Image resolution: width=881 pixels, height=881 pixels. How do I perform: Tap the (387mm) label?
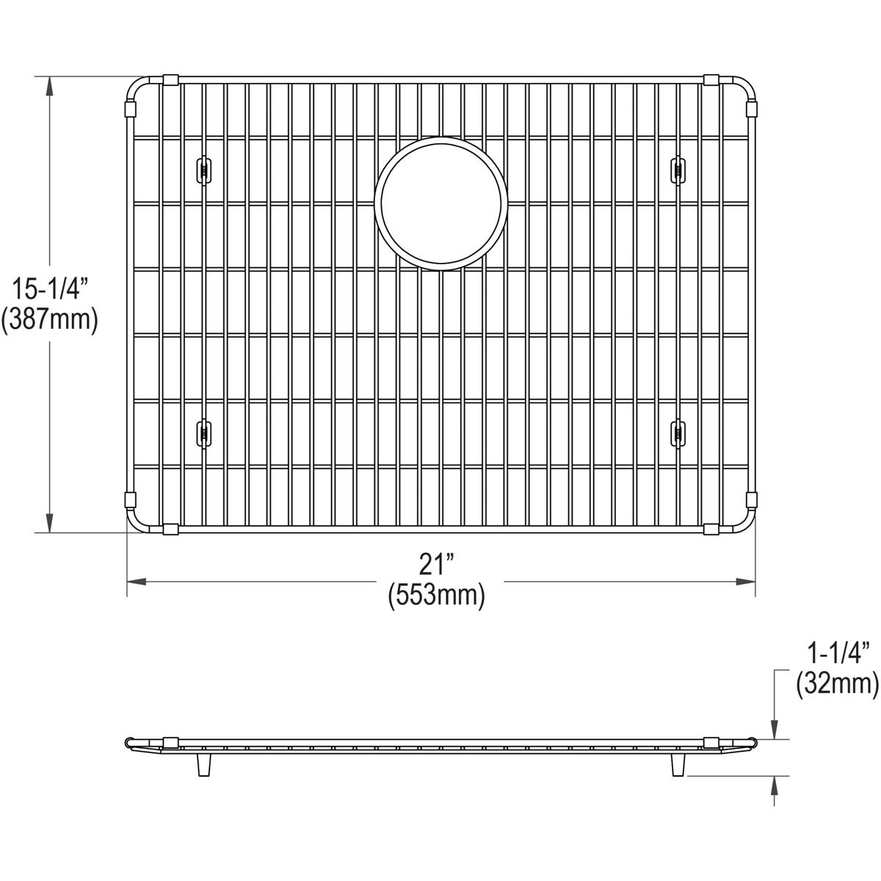pyautogui.click(x=49, y=319)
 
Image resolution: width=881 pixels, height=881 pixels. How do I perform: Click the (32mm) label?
pyautogui.click(x=838, y=684)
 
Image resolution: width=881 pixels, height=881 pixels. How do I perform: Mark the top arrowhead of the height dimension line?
pyautogui.click(x=49, y=85)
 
